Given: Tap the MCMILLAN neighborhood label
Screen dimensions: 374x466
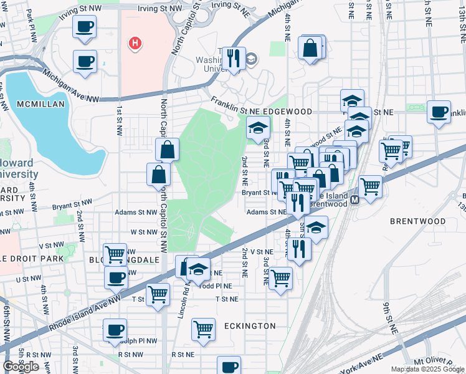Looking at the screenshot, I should (x=40, y=104).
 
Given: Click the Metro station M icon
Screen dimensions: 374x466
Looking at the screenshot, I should (x=354, y=200).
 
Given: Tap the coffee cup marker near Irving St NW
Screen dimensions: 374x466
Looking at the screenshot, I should (x=85, y=27).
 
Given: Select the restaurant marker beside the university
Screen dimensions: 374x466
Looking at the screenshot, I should (x=234, y=59).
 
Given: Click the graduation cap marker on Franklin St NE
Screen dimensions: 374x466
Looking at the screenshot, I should (x=258, y=128).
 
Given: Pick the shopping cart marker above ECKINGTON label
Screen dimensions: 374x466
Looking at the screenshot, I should (x=203, y=328).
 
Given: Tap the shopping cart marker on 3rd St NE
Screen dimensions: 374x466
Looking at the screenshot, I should (x=280, y=277).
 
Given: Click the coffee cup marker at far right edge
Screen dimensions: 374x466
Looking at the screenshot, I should (x=439, y=112).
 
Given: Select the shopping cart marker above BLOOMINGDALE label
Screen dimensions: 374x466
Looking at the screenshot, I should (x=115, y=254).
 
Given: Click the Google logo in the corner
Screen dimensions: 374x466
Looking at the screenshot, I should (x=20, y=367).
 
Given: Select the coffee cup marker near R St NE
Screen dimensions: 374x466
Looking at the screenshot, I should (x=229, y=367).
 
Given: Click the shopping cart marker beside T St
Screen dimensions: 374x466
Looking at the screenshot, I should (x=158, y=294).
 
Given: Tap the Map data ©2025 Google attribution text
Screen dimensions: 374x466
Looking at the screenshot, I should (x=427, y=369).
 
